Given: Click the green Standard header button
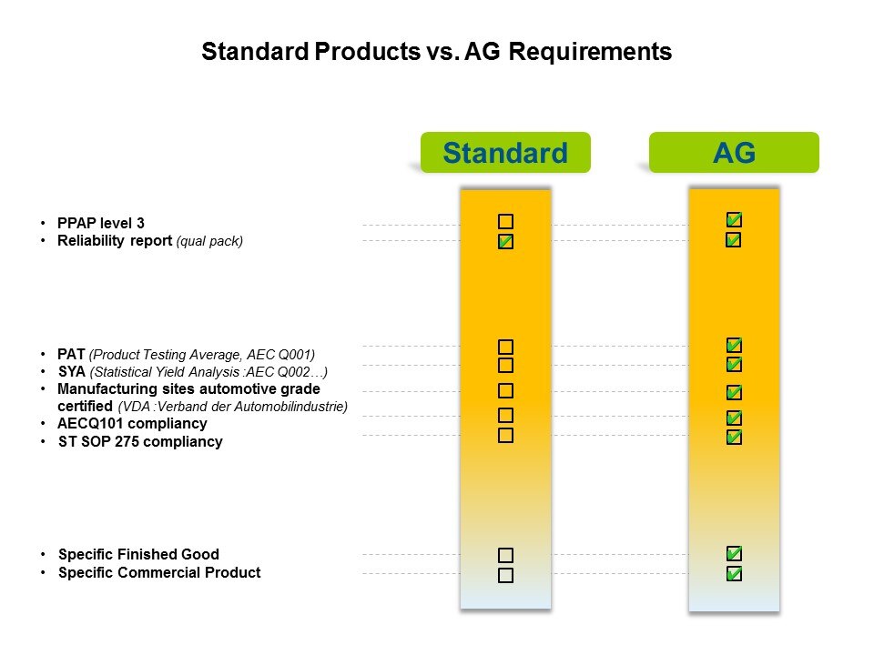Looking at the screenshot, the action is pyautogui.click(x=505, y=152).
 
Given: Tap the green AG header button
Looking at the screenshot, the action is pyautogui.click(x=734, y=152).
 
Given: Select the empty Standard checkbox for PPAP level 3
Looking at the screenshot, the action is pyautogui.click(x=505, y=222).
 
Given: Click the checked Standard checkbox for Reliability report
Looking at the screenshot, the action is pyautogui.click(x=505, y=241).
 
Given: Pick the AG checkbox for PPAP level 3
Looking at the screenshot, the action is pyautogui.click(x=734, y=220).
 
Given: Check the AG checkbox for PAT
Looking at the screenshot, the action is pyautogui.click(x=734, y=346).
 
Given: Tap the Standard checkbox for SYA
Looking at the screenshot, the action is pyautogui.click(x=505, y=366).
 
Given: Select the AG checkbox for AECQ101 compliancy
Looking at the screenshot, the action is pyautogui.click(x=734, y=418).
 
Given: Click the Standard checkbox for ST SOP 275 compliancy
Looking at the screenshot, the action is pyautogui.click(x=505, y=436).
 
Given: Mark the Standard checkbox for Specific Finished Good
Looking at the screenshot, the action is pyautogui.click(x=505, y=555).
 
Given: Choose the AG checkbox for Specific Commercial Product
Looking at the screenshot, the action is pyautogui.click(x=734, y=574).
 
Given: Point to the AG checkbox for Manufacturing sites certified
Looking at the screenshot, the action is pyautogui.click(x=734, y=393).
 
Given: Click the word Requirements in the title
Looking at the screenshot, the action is pyautogui.click(x=590, y=52).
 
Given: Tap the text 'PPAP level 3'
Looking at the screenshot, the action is pyautogui.click(x=101, y=224).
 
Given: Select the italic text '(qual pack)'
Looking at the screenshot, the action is pyautogui.click(x=209, y=241).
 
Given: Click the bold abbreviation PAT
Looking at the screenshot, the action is pyautogui.click(x=71, y=354).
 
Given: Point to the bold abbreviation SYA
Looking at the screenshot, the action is pyautogui.click(x=72, y=371).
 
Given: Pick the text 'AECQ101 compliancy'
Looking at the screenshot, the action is pyautogui.click(x=132, y=424).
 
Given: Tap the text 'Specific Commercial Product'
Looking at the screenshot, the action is pyautogui.click(x=159, y=572).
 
